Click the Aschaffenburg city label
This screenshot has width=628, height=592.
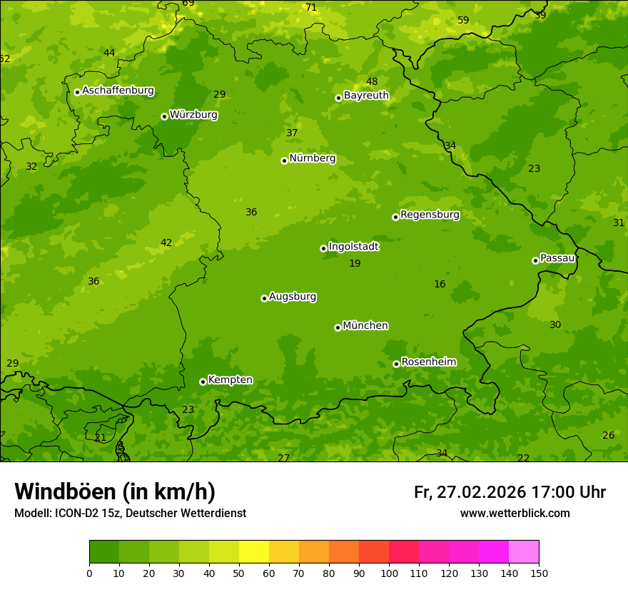[118, 91]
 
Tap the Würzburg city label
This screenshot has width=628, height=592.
[193, 115]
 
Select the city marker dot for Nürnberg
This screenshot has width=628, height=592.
[284, 160]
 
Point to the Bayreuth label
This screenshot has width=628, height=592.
[366, 96]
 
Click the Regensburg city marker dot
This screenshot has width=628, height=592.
[395, 217]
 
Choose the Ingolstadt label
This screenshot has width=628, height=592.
[353, 247]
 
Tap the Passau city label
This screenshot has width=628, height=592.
[557, 258]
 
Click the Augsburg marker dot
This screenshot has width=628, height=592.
[264, 298]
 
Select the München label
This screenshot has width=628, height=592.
[365, 326]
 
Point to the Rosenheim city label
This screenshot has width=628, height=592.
[428, 362]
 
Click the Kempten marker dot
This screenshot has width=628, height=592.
[203, 382]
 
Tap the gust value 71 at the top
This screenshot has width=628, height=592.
[311, 8]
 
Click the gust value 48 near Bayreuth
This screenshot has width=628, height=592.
[372, 82]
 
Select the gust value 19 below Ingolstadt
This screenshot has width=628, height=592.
[355, 264]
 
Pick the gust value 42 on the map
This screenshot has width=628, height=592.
[166, 243]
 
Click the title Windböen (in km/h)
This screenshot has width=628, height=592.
[115, 491]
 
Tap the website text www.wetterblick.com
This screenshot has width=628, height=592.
[515, 514]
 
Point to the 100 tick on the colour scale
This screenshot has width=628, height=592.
[389, 573]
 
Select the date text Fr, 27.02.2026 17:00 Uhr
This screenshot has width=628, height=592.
[510, 492]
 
